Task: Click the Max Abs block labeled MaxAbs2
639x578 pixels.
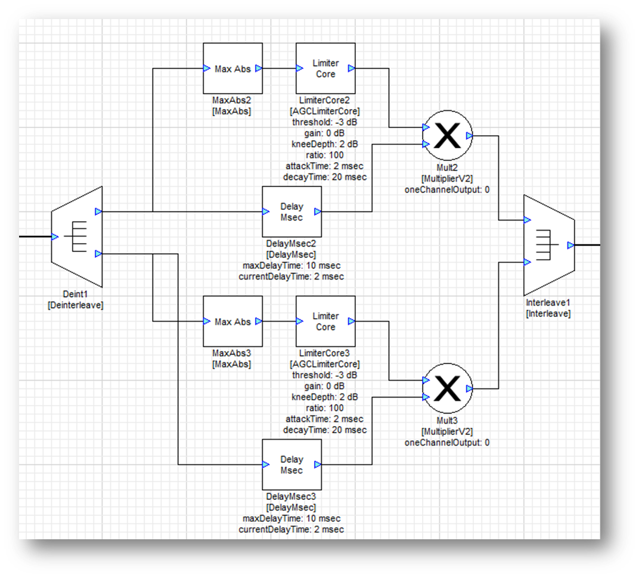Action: coord(232,69)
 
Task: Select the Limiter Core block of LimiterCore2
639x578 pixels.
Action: coord(325,69)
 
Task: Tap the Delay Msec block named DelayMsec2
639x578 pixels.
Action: coord(291,212)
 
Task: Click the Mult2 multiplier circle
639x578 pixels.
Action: coord(447,136)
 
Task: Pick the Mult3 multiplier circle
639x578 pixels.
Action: coord(447,389)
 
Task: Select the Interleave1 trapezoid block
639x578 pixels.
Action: coord(548,245)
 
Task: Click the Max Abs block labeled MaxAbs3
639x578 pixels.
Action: coord(232,322)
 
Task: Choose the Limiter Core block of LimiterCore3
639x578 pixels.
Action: coord(325,322)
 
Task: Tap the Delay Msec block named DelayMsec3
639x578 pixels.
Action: coord(291,464)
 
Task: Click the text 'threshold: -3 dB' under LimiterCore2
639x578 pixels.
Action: coord(325,122)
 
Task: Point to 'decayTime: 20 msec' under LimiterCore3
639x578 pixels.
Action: coord(325,430)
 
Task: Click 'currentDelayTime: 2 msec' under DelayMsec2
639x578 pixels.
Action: coord(291,276)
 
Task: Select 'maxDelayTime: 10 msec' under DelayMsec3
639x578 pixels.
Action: coord(291,518)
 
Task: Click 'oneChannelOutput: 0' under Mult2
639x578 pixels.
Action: coord(447,189)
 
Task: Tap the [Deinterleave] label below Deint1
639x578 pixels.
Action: coord(75,305)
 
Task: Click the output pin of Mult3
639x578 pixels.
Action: coord(470,389)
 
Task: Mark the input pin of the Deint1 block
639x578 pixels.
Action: coord(55,237)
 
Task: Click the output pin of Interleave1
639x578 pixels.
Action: coord(570,245)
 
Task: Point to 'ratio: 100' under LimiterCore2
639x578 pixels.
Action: coord(325,155)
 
